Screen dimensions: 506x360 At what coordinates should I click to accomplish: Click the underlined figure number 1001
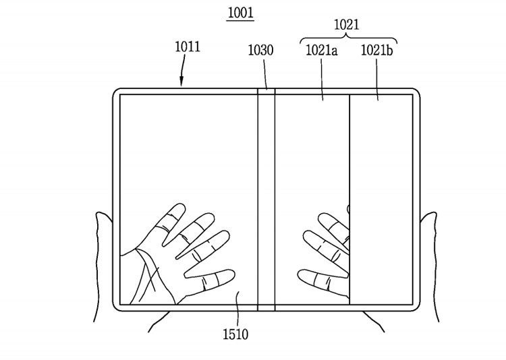point(240,13)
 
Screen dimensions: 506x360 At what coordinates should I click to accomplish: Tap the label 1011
point(188,47)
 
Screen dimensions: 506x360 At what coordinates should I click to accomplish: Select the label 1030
point(260,50)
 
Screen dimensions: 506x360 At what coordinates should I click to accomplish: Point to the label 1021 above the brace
point(346,24)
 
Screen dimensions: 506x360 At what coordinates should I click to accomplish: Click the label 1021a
point(321,51)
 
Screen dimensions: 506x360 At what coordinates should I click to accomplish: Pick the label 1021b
point(376,51)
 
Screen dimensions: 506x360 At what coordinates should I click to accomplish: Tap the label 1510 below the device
point(235,334)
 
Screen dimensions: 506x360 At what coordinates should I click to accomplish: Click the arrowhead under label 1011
point(181,82)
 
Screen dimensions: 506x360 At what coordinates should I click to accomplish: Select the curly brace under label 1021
point(349,39)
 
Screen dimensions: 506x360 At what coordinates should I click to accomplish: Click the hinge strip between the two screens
point(266,200)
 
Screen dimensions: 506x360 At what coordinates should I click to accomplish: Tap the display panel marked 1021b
point(381,200)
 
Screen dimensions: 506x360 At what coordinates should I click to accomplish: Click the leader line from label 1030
point(266,73)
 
